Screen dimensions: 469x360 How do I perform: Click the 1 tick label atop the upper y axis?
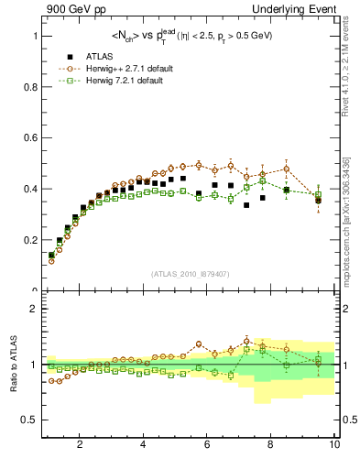(34, 36)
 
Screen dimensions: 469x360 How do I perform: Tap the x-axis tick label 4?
(144, 445)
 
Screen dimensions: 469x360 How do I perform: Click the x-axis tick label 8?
(271, 445)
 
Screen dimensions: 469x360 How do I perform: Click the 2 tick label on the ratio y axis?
(34, 309)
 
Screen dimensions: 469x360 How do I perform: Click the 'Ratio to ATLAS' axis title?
(12, 365)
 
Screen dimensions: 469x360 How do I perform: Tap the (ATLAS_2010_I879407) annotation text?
(190, 274)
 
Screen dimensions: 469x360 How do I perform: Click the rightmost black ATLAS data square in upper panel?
(318, 200)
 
